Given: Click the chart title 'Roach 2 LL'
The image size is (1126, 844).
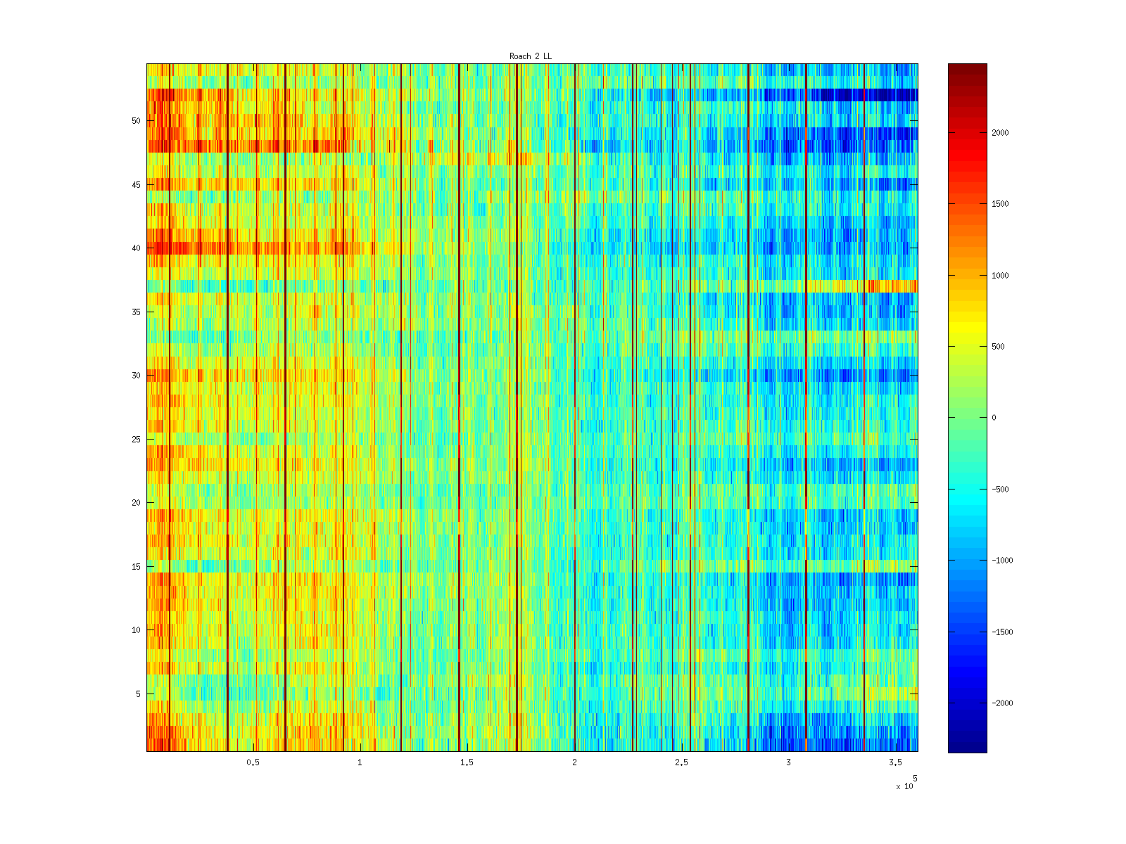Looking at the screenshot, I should (531, 56).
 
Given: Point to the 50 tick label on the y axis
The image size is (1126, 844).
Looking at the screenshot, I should (136, 121).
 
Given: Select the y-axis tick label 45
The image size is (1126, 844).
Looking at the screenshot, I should (136, 185).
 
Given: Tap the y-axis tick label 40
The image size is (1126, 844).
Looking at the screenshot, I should (136, 248).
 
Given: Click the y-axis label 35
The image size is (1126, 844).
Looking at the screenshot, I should (136, 312).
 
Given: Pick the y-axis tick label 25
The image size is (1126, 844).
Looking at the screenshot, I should (136, 440).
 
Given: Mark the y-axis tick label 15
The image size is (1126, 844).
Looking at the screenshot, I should (136, 567).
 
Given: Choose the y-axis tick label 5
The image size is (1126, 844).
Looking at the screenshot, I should (138, 694).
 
